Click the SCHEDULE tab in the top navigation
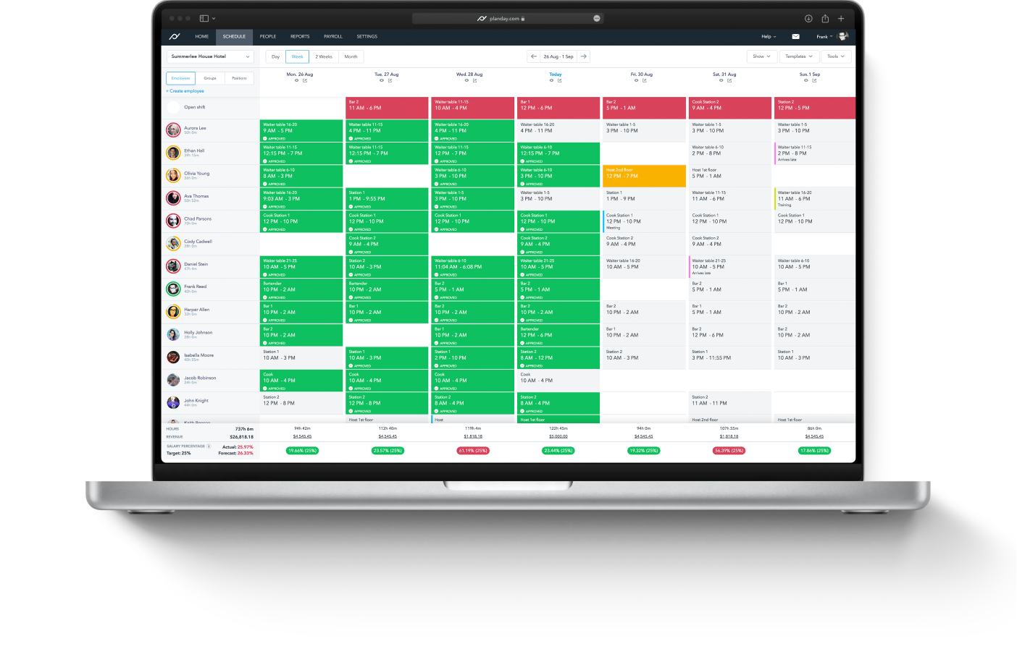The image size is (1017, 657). click(234, 36)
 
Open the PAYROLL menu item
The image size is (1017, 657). click(333, 36)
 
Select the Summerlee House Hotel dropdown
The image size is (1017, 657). click(210, 56)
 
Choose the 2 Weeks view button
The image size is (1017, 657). click(324, 56)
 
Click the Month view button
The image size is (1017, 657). click(351, 56)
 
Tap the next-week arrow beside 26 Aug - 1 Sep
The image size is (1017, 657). click(584, 56)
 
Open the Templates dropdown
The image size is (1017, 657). click(799, 56)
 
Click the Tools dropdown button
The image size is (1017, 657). click(836, 56)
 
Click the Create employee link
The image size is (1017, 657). click(185, 91)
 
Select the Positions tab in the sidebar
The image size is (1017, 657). click(239, 78)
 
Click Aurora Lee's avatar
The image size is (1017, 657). click(173, 130)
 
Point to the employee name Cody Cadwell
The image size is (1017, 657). click(198, 242)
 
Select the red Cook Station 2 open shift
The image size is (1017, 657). click(729, 108)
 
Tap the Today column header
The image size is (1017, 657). click(556, 75)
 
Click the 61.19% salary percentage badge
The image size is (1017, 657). click(473, 451)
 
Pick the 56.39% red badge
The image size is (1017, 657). click(729, 451)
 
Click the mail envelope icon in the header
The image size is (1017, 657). click(795, 36)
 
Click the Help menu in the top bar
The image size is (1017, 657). click(768, 36)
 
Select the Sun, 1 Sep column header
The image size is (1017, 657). click(810, 75)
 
